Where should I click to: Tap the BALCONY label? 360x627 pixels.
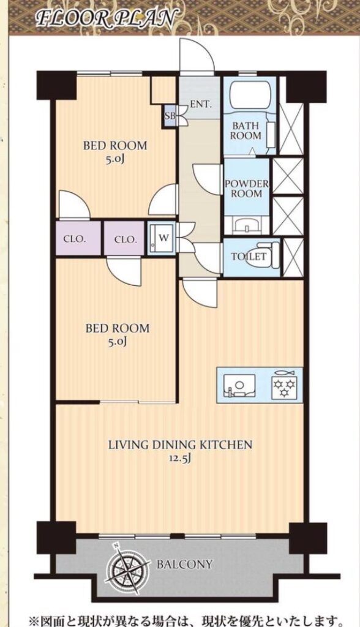184,564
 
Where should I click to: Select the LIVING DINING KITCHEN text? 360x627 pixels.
181,445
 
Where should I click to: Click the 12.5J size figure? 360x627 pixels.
181,458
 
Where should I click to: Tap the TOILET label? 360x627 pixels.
249,257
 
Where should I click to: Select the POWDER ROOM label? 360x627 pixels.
247,189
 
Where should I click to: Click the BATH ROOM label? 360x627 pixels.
246,130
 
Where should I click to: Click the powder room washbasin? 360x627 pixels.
246,226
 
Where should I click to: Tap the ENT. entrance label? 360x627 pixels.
200,104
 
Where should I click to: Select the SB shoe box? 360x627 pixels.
170,116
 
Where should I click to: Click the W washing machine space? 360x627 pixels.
161,238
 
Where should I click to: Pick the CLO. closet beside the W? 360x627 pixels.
125,239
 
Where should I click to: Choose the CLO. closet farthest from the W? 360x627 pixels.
77,239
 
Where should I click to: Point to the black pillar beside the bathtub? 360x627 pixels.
307,87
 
